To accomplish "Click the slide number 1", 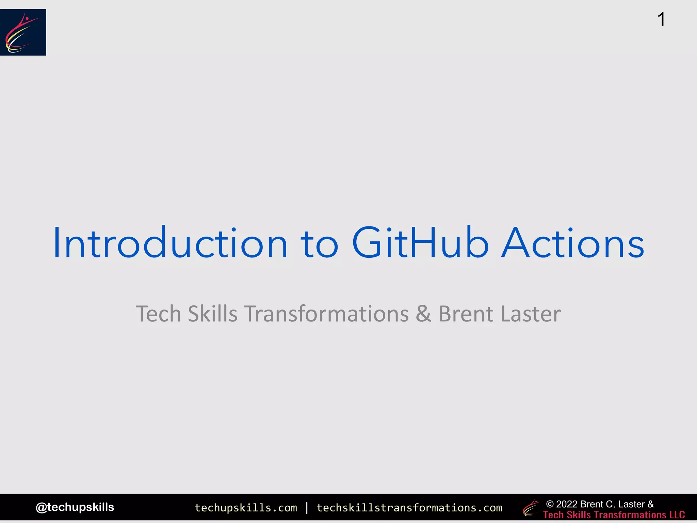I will pos(661,19).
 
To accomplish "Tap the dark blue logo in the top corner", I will pos(23,32).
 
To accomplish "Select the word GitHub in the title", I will pos(420,242).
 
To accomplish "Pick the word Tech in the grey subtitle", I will pos(158,314).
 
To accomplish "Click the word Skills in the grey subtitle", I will pos(212,314).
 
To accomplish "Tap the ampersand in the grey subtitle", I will pos(423,314).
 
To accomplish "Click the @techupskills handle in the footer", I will pos(75,507).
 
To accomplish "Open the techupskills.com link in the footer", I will pos(246,508).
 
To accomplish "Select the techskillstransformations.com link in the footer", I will pos(409,508).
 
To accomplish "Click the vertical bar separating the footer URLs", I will pos(307,508).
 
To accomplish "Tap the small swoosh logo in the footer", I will pos(531,508).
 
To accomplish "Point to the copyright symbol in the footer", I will pos(550,504).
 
